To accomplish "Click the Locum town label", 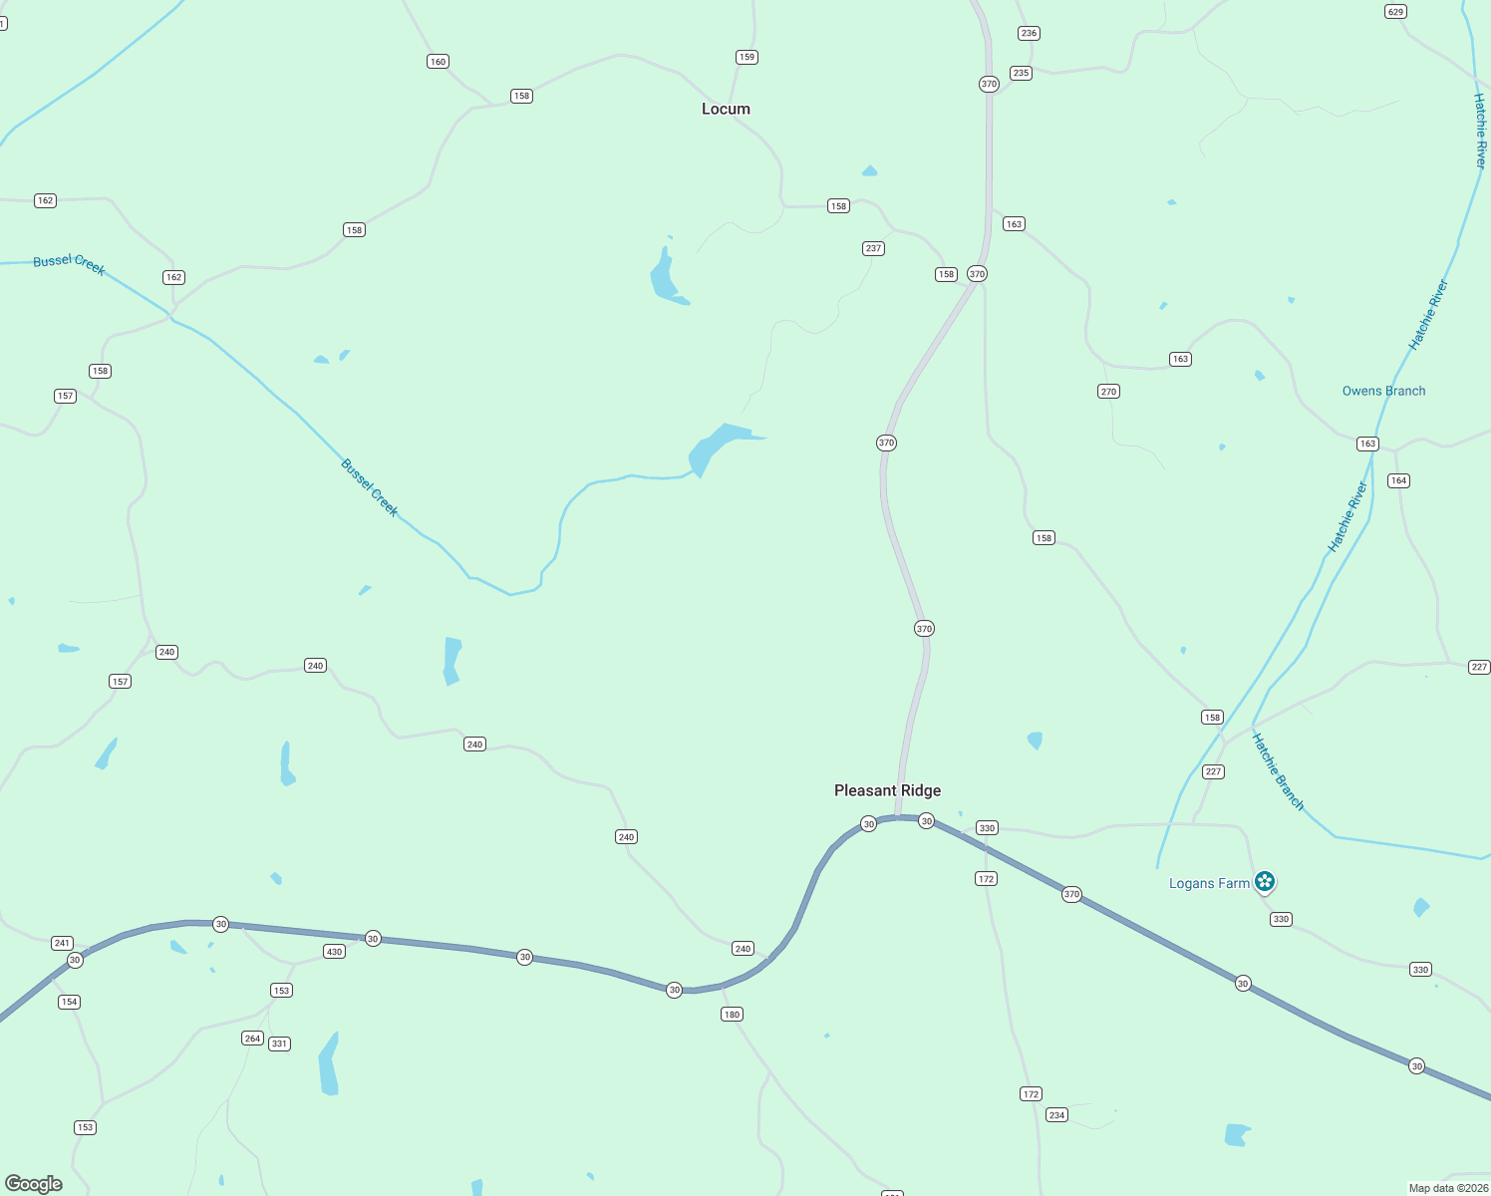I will (x=726, y=109).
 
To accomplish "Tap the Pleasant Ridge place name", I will (x=887, y=790).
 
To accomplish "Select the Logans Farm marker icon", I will (x=1265, y=881).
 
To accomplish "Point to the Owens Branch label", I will (x=1383, y=391).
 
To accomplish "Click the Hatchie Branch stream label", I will (x=1278, y=771).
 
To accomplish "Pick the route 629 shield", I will (x=1395, y=12).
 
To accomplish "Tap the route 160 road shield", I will (x=438, y=62).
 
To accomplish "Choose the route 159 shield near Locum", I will (x=746, y=57).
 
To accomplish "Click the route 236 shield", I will (x=1029, y=33).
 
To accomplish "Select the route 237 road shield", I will (x=873, y=248).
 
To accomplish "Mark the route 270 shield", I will (x=1108, y=392).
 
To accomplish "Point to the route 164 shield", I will (x=1398, y=480).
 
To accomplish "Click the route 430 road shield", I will (x=334, y=952).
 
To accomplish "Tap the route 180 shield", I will (x=732, y=1015).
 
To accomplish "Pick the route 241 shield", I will (x=62, y=943).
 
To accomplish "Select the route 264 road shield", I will (x=252, y=1039).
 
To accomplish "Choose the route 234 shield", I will (x=1056, y=1115).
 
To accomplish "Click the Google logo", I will (x=34, y=1184).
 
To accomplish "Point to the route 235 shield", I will (x=1021, y=73).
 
